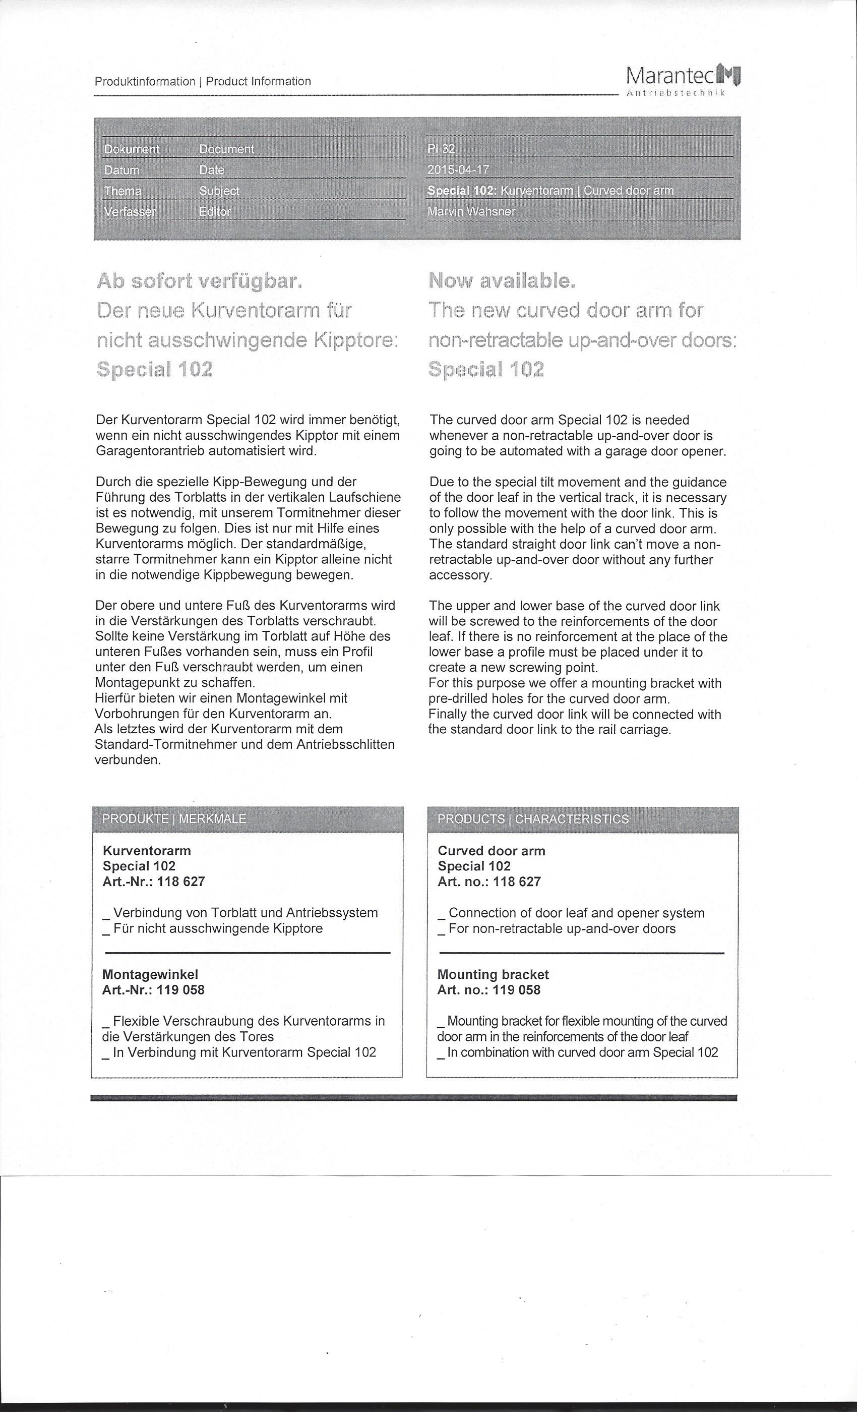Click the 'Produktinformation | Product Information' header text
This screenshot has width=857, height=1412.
click(203, 81)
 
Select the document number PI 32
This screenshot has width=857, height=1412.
click(441, 149)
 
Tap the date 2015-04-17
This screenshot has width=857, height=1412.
click(458, 169)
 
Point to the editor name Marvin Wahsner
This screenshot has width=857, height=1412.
click(471, 211)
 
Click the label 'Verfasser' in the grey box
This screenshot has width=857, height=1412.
click(130, 211)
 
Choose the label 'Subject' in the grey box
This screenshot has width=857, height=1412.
click(219, 191)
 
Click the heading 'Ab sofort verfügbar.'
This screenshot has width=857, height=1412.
click(199, 281)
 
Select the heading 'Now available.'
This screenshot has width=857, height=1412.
click(502, 281)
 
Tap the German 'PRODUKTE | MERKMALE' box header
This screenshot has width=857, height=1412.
click(174, 819)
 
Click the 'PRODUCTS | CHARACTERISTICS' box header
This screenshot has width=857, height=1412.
click(533, 819)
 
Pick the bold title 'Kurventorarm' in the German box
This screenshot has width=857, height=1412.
click(147, 851)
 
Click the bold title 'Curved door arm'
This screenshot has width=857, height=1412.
click(492, 851)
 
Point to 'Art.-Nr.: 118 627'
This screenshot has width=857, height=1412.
click(154, 882)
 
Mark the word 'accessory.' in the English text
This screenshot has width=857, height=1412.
click(461, 575)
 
